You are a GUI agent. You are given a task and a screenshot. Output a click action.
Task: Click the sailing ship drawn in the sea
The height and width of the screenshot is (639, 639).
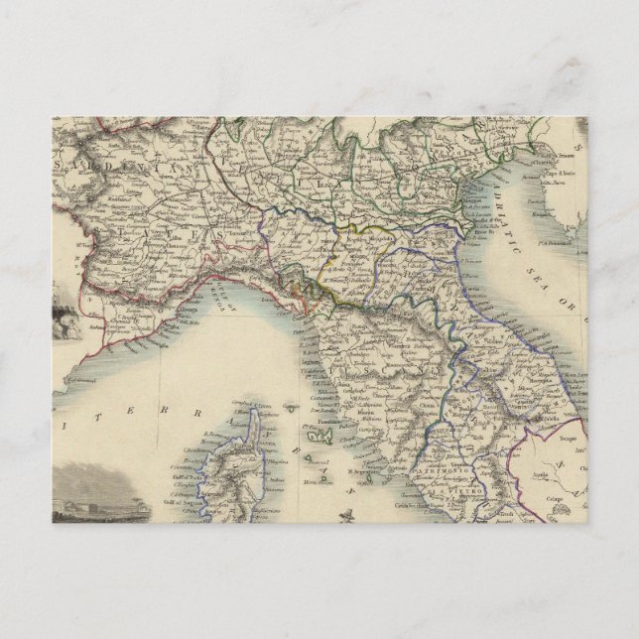[x=344, y=515]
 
